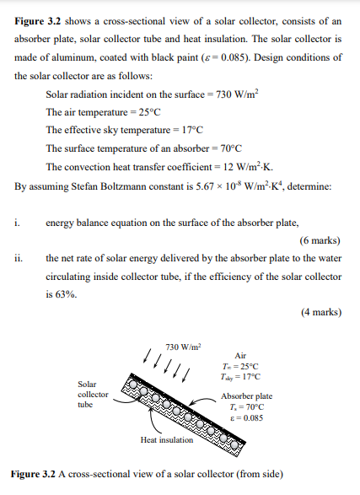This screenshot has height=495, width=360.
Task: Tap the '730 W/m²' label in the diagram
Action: tap(183, 346)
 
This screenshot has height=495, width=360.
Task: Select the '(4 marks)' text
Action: tap(321, 311)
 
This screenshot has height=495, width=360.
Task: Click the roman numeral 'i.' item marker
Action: tap(17, 223)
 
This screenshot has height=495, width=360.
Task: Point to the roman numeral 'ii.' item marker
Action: tap(19, 258)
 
